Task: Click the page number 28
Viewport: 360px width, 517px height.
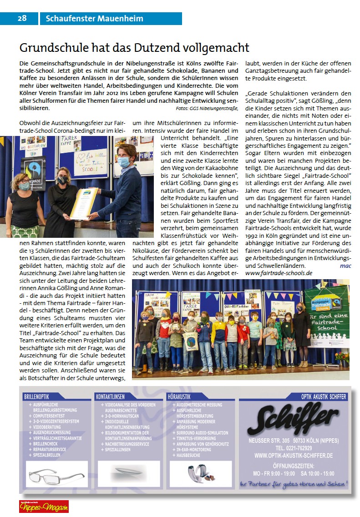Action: pyautogui.click(x=22, y=19)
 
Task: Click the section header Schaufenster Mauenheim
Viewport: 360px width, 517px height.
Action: pyautogui.click(x=95, y=19)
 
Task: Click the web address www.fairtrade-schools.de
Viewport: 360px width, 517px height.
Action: pyautogui.click(x=279, y=273)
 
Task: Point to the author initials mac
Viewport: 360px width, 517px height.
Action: pyautogui.click(x=345, y=266)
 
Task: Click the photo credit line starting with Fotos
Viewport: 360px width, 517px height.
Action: pyautogui.click(x=207, y=108)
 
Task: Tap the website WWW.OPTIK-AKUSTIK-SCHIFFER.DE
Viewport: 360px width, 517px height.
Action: pyautogui.click(x=294, y=455)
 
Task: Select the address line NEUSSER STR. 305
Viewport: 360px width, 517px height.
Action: pyautogui.click(x=269, y=441)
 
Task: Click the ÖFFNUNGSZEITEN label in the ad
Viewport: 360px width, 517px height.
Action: pyautogui.click(x=294, y=466)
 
